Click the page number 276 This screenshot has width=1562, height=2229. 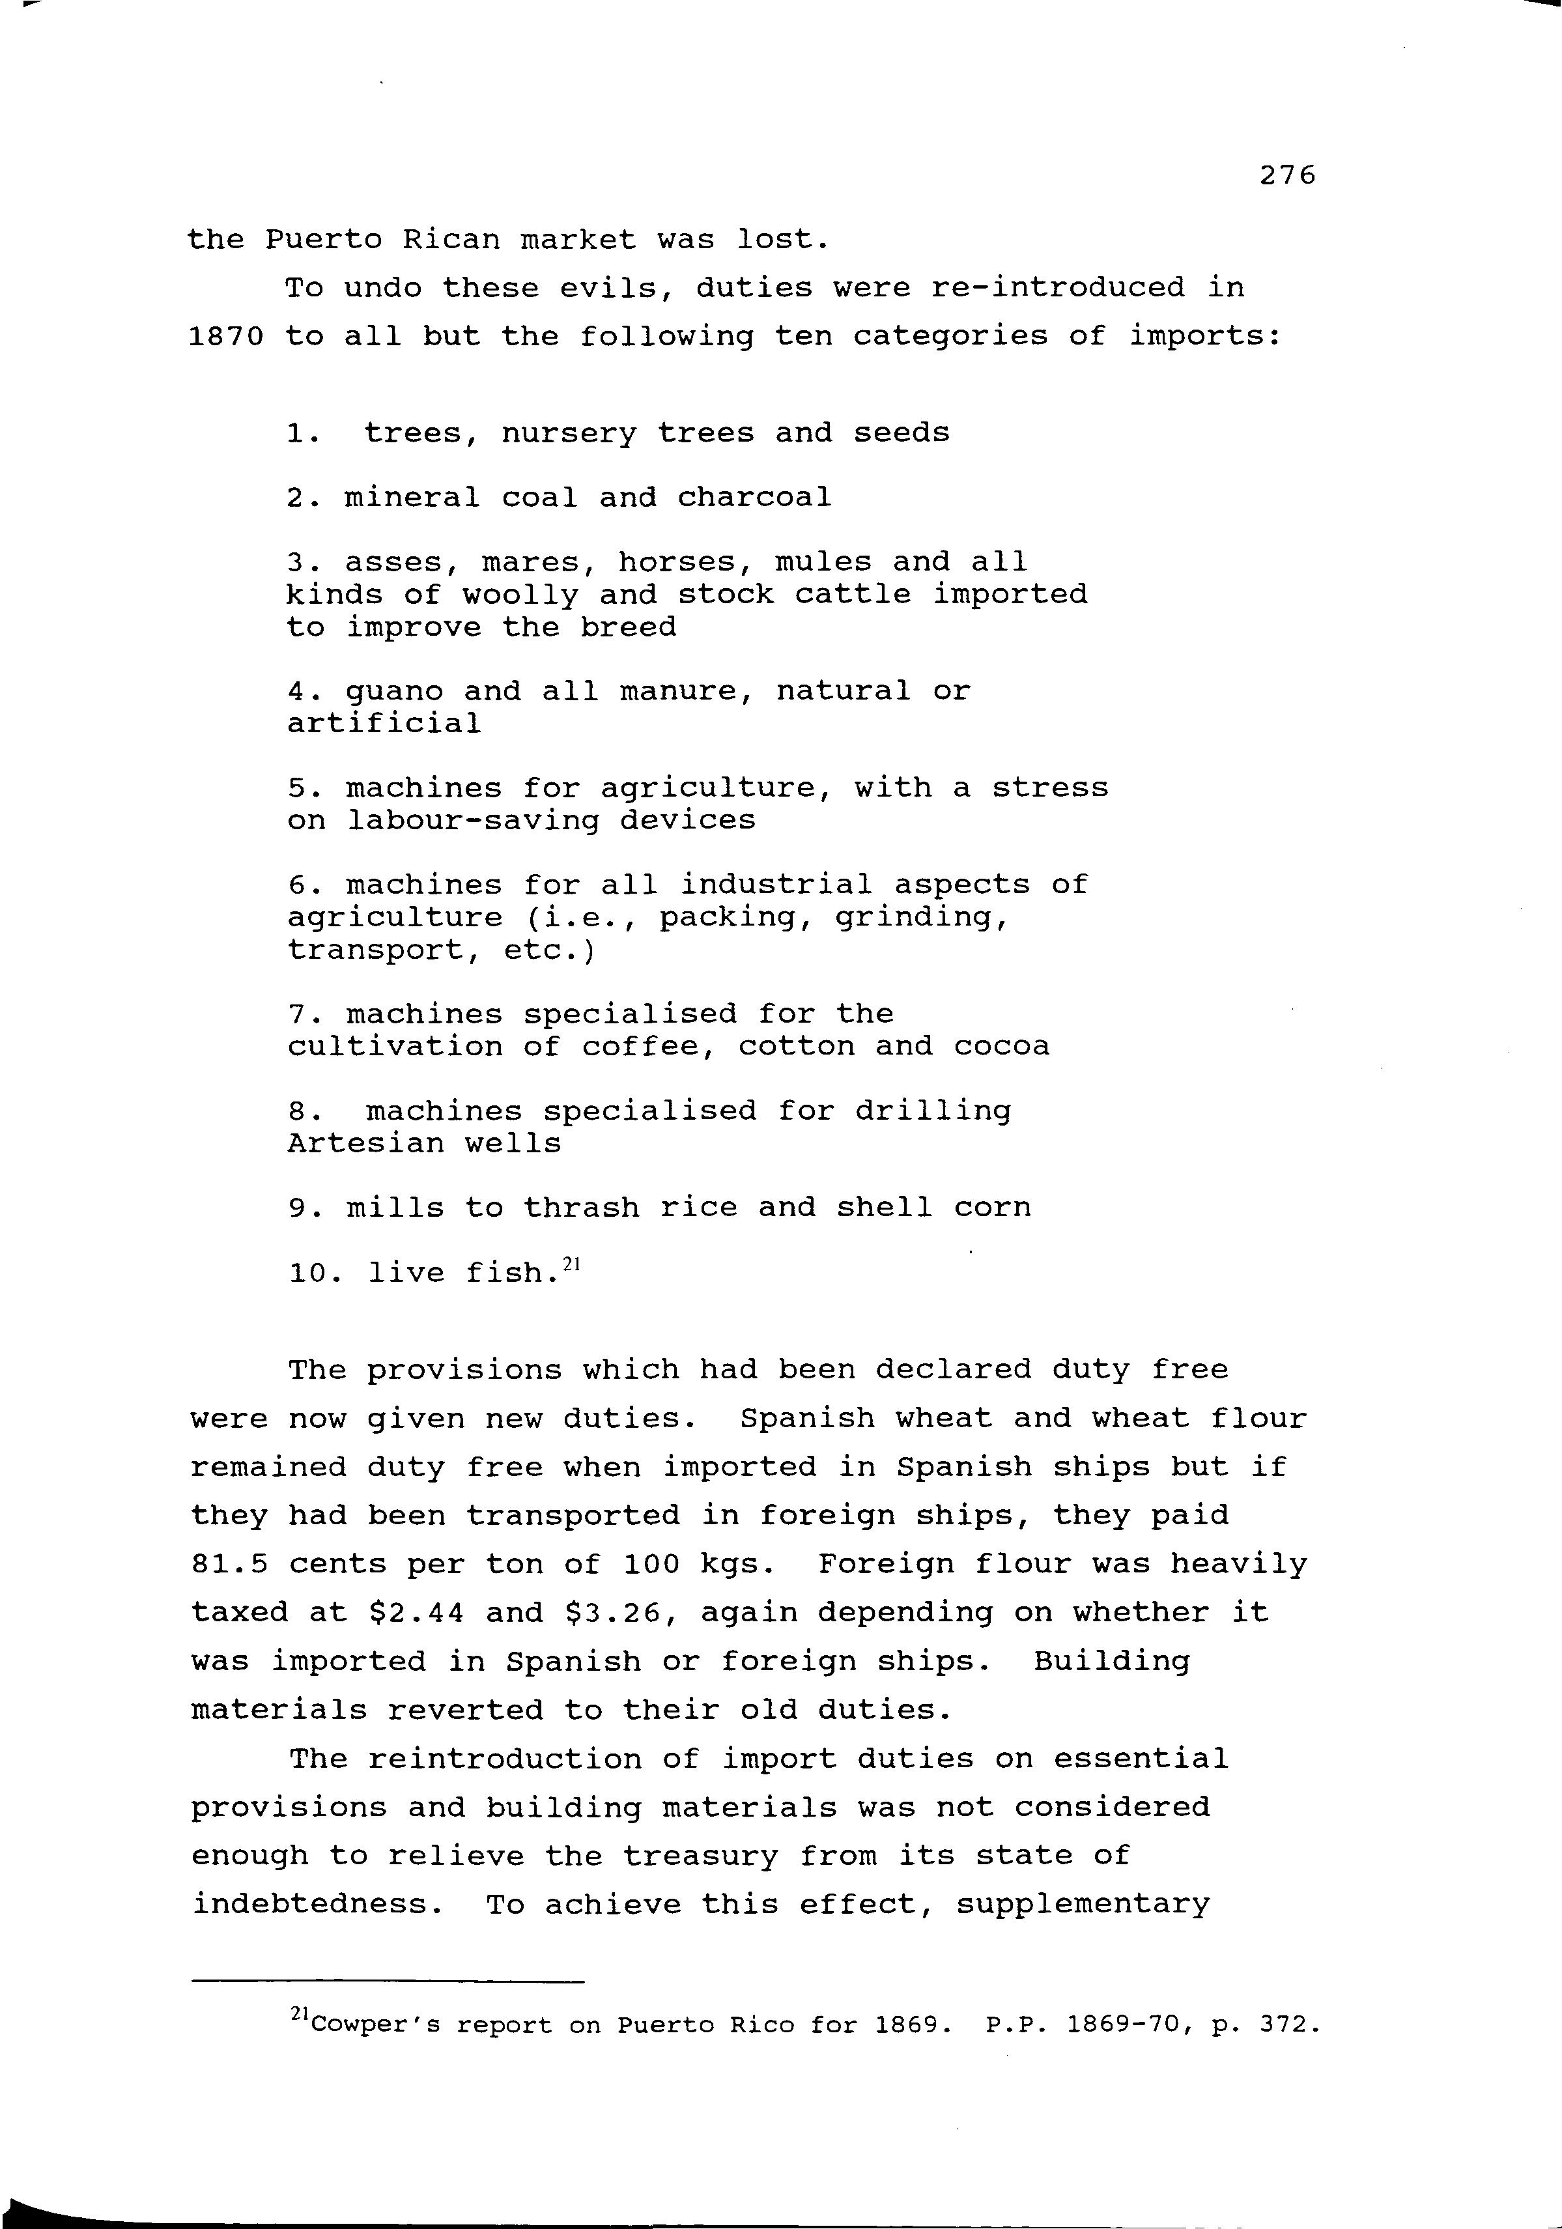(1287, 176)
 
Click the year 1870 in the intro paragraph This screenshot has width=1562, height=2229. (226, 337)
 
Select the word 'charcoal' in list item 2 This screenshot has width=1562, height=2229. (754, 498)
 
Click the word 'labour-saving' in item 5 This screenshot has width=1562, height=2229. (473, 820)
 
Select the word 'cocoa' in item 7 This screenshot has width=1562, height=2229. (1001, 1047)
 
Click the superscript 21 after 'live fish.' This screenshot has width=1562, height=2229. (571, 1265)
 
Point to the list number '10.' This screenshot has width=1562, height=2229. (315, 1273)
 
